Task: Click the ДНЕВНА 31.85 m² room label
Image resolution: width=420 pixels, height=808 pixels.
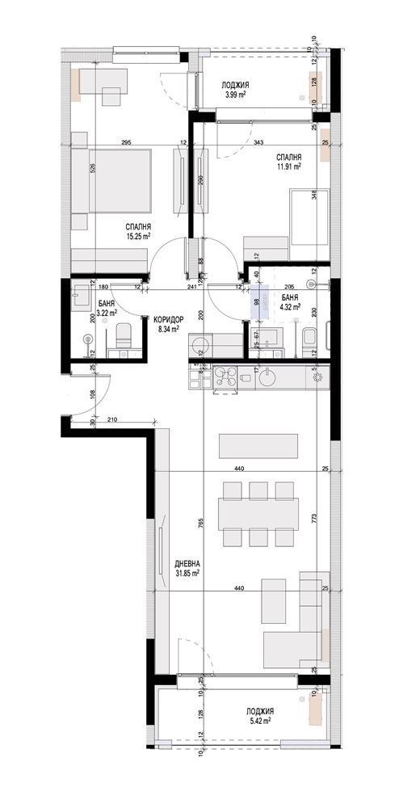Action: pyautogui.click(x=187, y=568)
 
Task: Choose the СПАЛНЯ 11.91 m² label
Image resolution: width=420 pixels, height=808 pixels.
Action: pyautogui.click(x=288, y=162)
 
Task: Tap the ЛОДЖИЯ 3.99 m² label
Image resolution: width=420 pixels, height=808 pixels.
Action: pyautogui.click(x=235, y=89)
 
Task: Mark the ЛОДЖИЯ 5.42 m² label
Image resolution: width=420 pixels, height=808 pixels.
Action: pyautogui.click(x=258, y=715)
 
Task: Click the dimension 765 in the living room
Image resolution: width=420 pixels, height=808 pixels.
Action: pyautogui.click(x=200, y=524)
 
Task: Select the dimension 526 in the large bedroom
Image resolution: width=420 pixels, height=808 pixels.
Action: pyautogui.click(x=94, y=169)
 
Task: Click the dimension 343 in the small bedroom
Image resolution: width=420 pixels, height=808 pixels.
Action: pyautogui.click(x=258, y=143)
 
